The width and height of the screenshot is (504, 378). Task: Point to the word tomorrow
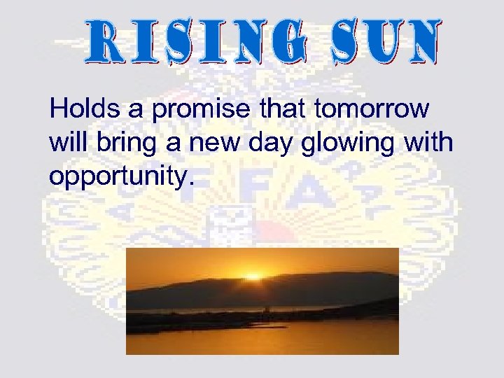373,110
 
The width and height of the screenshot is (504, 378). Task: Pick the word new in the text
207,144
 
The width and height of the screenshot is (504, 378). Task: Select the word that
287,110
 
